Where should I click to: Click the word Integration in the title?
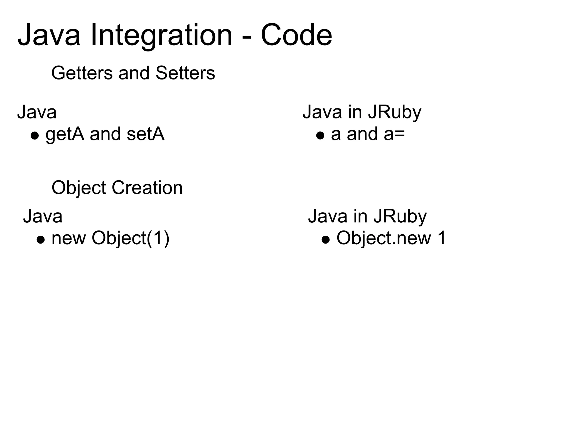(x=161, y=36)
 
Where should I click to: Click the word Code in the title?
(x=296, y=36)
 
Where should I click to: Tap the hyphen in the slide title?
(x=246, y=38)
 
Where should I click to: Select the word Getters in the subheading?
(x=82, y=73)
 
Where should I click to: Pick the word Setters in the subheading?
(x=185, y=73)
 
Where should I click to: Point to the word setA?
(x=145, y=134)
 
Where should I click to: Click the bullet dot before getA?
(x=35, y=136)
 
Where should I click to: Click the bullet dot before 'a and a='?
(x=320, y=136)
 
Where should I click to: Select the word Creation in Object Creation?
(x=147, y=188)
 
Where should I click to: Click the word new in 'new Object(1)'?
(x=68, y=239)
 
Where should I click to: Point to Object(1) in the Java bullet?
(x=131, y=239)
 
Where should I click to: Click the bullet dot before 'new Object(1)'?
(x=41, y=240)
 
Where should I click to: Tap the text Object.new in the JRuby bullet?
(x=384, y=239)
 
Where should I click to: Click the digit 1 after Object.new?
(x=441, y=238)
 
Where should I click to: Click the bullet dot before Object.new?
(x=326, y=240)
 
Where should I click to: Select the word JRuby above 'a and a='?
(x=394, y=113)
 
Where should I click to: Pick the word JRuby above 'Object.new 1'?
(x=400, y=217)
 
